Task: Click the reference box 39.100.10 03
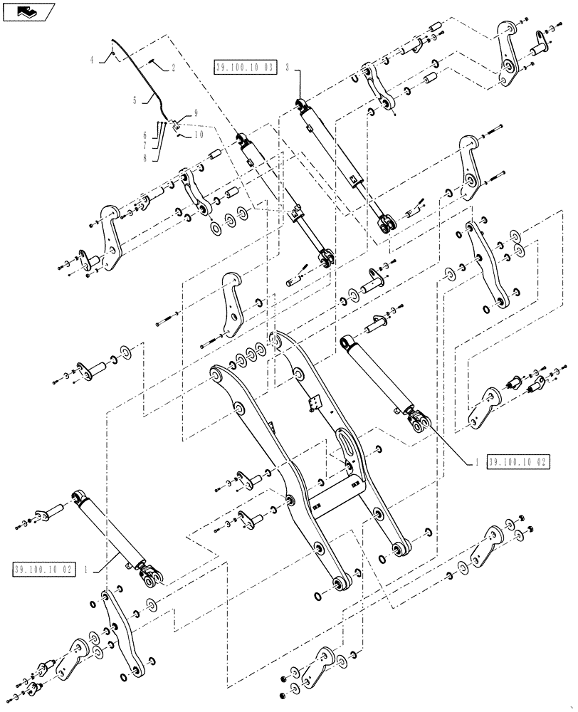pos(245,68)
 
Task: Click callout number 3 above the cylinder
pos(287,68)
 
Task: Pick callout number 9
pos(196,113)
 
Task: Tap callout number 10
pos(197,133)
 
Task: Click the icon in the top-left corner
pos(27,11)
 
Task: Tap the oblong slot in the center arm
pos(349,449)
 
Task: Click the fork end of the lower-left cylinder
pos(152,578)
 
